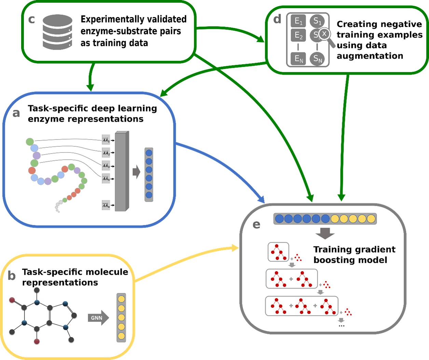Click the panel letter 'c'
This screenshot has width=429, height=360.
pyautogui.click(x=31, y=19)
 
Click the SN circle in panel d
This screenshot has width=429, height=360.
pyautogui.click(x=318, y=59)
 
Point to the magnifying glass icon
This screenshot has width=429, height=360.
pyautogui.click(x=326, y=36)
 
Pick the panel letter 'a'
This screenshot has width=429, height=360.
pyautogui.click(x=16, y=113)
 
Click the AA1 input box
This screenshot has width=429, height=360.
pyautogui.click(x=106, y=140)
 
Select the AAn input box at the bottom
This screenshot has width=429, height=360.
pyautogui.click(x=106, y=206)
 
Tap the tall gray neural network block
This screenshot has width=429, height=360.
pyautogui.click(x=122, y=171)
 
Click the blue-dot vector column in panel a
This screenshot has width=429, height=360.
pyautogui.click(x=149, y=174)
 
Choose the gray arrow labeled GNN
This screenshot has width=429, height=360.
pyautogui.click(x=98, y=318)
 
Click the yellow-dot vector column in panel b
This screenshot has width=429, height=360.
pyautogui.click(x=121, y=318)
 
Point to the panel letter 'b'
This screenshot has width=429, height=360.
pyautogui.click(x=12, y=276)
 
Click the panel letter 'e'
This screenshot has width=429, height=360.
pyautogui.click(x=256, y=224)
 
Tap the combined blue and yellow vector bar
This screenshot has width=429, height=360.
pyautogui.click(x=325, y=218)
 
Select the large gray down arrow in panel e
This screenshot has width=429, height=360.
pyautogui.click(x=325, y=234)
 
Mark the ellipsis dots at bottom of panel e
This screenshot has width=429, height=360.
pyautogui.click(x=341, y=326)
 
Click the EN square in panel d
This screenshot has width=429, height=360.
pyautogui.click(x=299, y=59)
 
